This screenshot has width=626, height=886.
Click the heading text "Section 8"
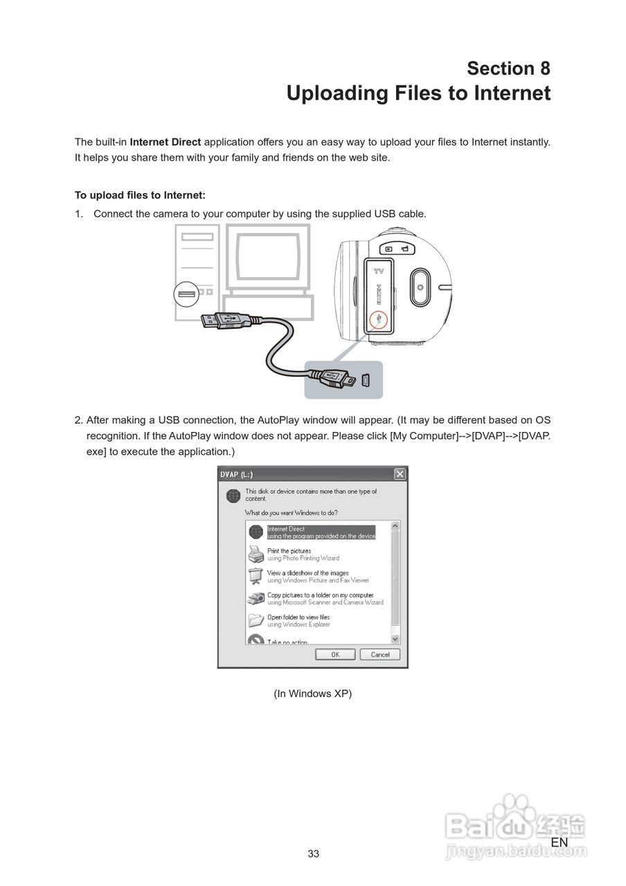(x=508, y=69)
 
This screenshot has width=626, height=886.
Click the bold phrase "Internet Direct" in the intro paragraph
(x=166, y=142)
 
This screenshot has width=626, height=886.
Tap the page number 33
(x=313, y=853)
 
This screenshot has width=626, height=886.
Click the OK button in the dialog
(x=335, y=654)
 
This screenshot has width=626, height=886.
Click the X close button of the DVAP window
(x=400, y=474)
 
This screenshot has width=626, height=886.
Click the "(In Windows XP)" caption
(x=313, y=694)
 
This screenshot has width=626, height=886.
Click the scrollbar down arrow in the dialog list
(x=395, y=640)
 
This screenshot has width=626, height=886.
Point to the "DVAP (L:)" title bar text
(x=237, y=474)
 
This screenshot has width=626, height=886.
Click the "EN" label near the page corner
(x=560, y=842)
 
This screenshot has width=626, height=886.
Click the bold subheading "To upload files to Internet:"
(x=140, y=195)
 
